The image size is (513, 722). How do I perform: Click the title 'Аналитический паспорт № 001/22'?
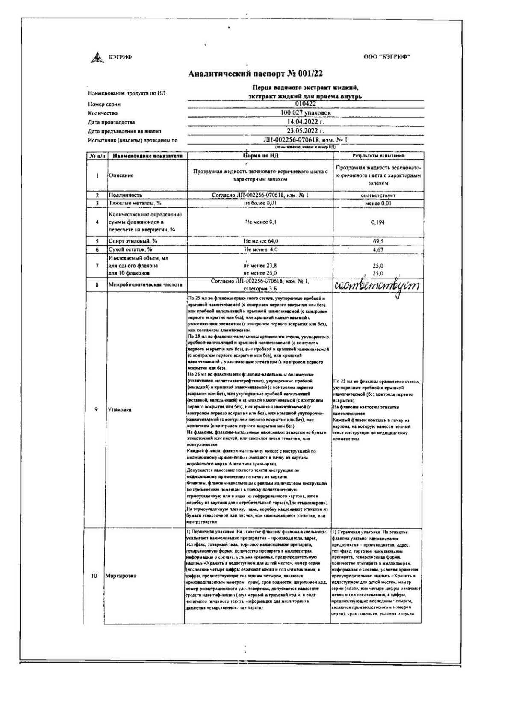coord(256,74)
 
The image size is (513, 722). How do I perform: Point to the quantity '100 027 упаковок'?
coord(306,113)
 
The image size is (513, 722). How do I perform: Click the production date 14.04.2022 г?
coord(306,122)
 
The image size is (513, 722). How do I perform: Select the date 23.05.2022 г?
coord(306,131)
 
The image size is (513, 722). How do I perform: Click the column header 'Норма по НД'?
coord(260,156)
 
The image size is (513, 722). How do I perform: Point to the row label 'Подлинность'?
coord(125,195)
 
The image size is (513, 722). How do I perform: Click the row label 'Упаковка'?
coord(119,410)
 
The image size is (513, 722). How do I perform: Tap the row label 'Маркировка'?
coord(121,576)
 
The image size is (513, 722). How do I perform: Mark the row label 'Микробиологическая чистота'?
coord(145,284)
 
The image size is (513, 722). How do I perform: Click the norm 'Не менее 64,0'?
coord(261,241)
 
